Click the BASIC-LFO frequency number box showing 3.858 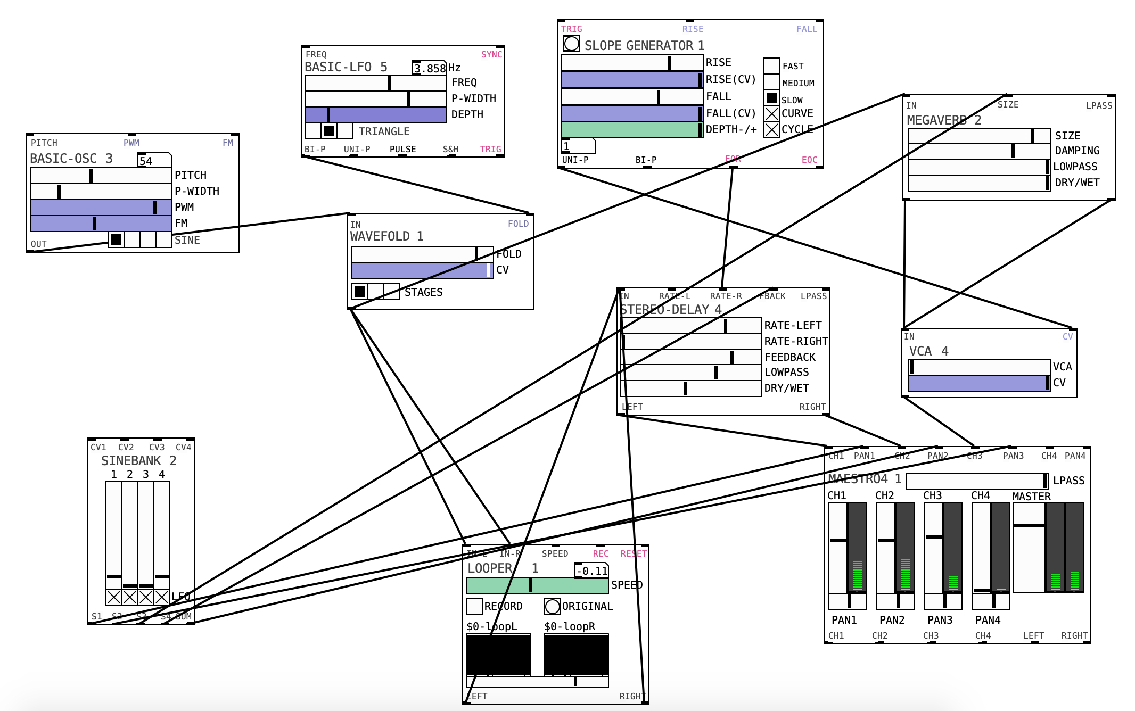(430, 68)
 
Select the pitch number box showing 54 (154, 161)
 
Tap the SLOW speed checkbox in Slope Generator (772, 98)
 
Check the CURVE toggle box (772, 113)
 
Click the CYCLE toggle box (772, 129)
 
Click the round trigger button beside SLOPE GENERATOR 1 (571, 44)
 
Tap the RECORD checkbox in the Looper (474, 606)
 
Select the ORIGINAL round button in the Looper (553, 606)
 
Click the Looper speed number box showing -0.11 (591, 571)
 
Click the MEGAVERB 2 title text (943, 120)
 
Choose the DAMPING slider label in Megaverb (1076, 151)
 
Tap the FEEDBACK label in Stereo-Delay (789, 357)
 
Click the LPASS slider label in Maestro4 (1068, 481)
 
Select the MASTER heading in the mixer (1031, 497)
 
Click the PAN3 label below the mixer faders (940, 620)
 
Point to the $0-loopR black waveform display (576, 654)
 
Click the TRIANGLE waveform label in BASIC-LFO (384, 131)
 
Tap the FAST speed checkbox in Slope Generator (772, 66)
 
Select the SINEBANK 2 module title (138, 461)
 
